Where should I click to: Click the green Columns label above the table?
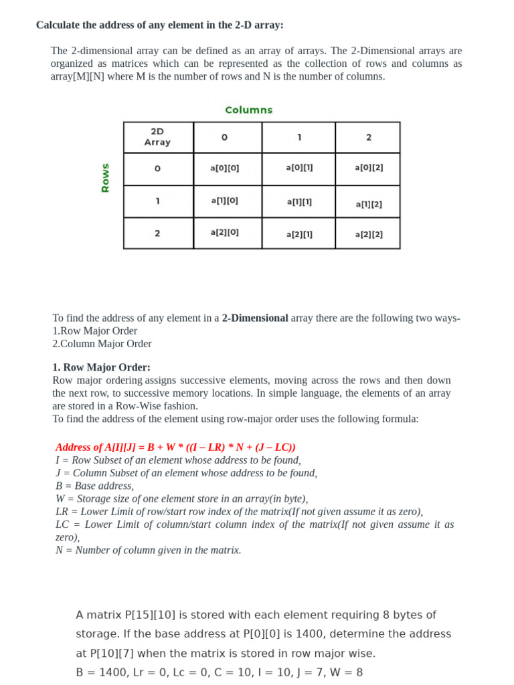tap(248, 110)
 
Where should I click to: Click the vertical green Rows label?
tap(105, 178)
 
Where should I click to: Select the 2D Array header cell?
tap(157, 137)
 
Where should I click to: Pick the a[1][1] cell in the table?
tap(299, 201)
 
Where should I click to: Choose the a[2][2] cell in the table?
tap(369, 234)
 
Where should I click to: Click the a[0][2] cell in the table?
tap(369, 167)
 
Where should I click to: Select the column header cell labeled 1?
tap(299, 137)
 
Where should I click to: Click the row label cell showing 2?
tap(157, 233)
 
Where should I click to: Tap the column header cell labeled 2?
tap(369, 137)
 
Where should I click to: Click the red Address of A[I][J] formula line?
tap(175, 447)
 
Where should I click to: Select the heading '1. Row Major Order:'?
tap(101, 367)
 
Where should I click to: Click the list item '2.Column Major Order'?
tap(102, 344)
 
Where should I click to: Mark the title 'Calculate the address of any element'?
tap(159, 25)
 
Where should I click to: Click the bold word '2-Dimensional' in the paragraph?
tap(255, 318)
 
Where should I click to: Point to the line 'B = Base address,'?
tap(94, 486)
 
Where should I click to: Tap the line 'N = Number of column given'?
tap(148, 550)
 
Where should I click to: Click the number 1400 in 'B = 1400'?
tap(114, 672)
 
